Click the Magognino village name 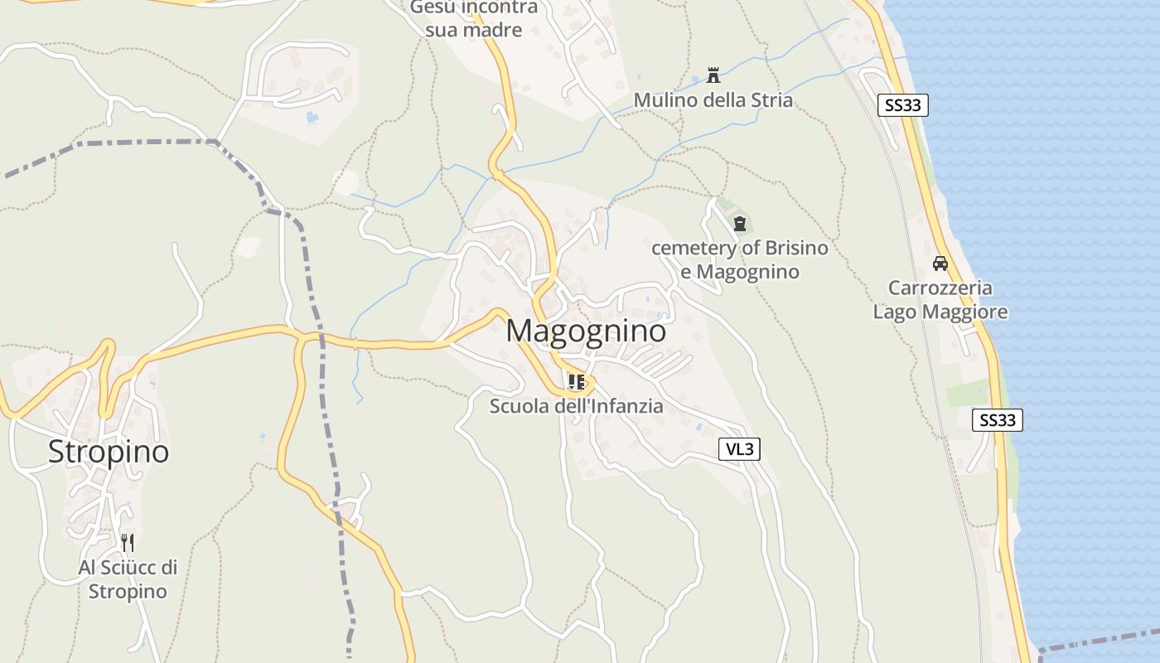[586, 331]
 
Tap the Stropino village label [109, 452]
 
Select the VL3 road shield [739, 449]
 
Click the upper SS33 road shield [902, 105]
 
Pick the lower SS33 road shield [997, 420]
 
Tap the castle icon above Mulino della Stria [713, 76]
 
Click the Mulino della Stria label [713, 100]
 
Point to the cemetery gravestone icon [740, 223]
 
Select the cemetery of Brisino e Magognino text [739, 259]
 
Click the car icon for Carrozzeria [940, 264]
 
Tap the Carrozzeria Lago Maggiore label [940, 300]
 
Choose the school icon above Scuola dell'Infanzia [577, 382]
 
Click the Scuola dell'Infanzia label [576, 406]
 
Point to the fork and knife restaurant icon [128, 543]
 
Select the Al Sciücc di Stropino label [128, 579]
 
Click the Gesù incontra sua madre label [474, 18]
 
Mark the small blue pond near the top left [312, 118]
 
